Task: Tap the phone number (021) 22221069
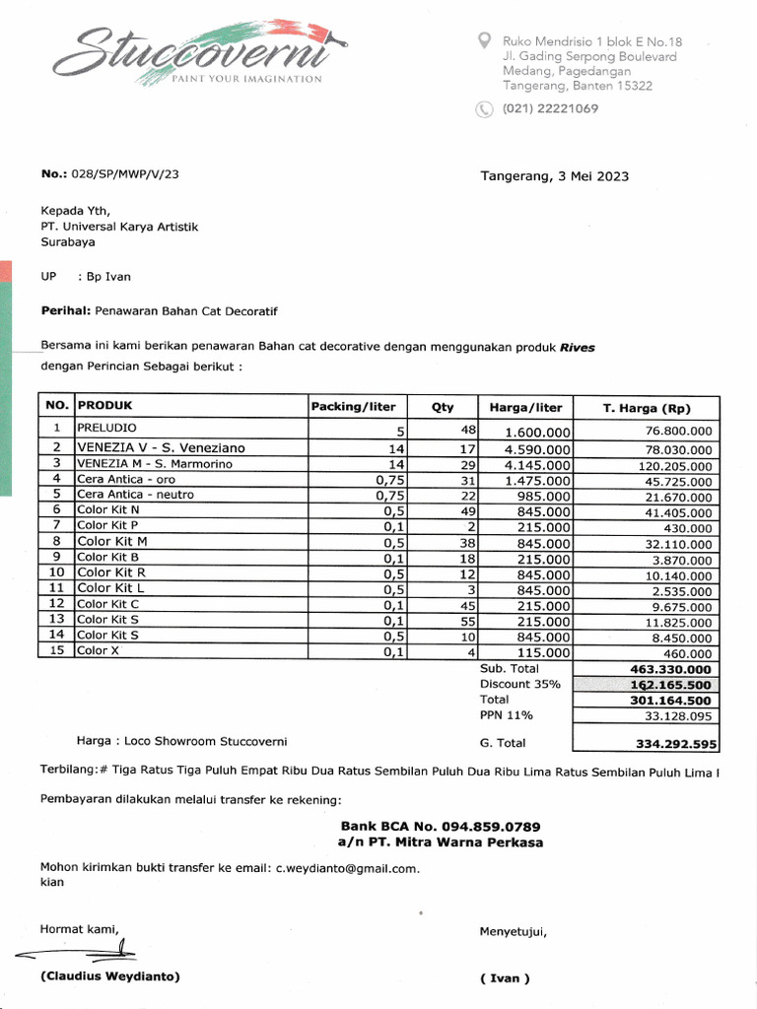(550, 108)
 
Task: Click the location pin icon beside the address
(484, 40)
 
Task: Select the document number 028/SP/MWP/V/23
(124, 173)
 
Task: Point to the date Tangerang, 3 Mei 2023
(554, 176)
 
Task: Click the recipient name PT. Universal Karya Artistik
(119, 227)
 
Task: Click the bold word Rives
(577, 347)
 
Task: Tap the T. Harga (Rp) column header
(647, 408)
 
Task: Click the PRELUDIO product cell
(107, 429)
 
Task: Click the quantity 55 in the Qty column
(468, 622)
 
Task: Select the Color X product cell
(98, 651)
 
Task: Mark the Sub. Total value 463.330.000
(670, 669)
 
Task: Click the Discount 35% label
(519, 684)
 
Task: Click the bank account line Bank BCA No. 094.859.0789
(440, 826)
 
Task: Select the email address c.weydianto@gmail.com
(347, 868)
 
